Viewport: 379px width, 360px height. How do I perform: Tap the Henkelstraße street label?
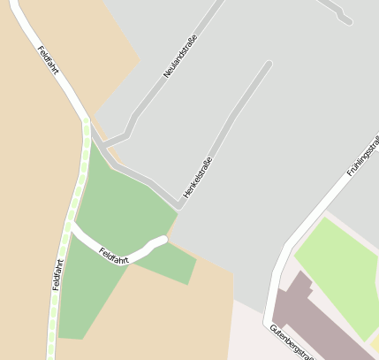[x=197, y=176]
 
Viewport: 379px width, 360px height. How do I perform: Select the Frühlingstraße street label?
[x=362, y=155]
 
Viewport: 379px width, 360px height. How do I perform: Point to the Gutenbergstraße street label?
[x=292, y=341]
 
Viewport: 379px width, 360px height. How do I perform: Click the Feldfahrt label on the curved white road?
[x=114, y=255]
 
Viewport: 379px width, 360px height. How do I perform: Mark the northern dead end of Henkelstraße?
[x=269, y=63]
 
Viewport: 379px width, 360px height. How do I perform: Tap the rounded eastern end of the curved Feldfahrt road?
[x=163, y=239]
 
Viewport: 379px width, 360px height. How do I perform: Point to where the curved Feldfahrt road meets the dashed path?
[x=72, y=227]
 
